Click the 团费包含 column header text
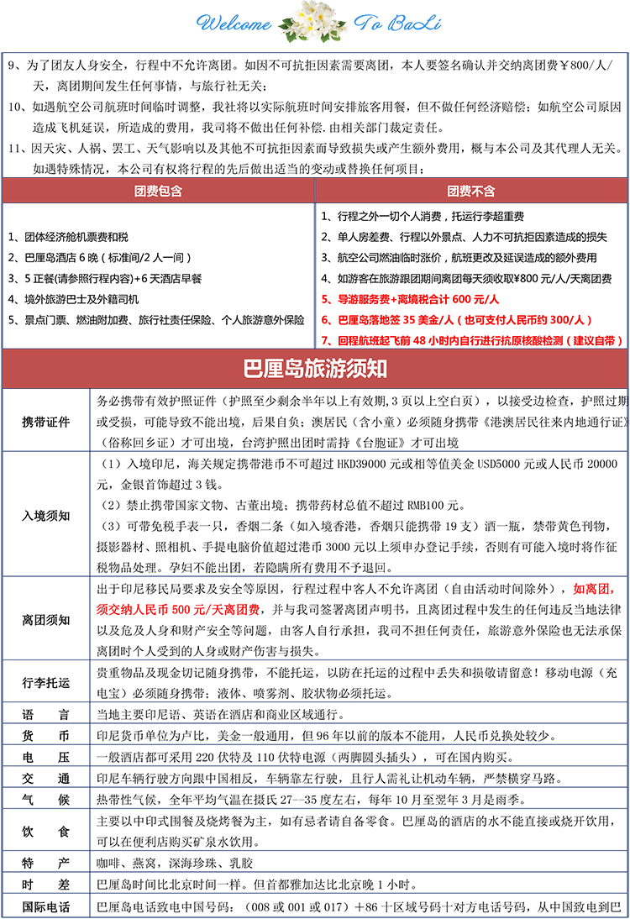158,192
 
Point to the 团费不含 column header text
471,192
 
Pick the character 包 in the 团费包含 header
164,192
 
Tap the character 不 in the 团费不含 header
477,192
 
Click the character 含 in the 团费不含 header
489,192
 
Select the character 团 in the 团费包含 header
140,192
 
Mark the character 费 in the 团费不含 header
465,192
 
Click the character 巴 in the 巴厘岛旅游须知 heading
250,369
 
